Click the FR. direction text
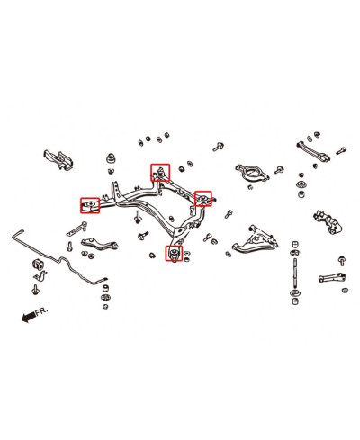pos(41,311)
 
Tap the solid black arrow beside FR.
pos(29,317)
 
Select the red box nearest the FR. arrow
pos(90,205)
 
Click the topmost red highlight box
pos(160,173)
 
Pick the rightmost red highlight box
pos(203,199)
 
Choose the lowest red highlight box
pos(174,253)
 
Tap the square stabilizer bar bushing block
pos(38,265)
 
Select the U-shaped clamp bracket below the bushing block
pos(40,276)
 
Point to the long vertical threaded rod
pos(295,273)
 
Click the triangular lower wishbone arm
pos(255,241)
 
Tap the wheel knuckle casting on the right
pos(328,222)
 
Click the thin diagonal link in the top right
pos(313,151)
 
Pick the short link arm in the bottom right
pos(333,278)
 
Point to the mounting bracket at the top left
pos(58,159)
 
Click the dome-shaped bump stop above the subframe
pos(112,158)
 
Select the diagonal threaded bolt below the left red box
pos(76,229)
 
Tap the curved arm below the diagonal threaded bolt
pos(99,243)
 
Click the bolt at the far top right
pos(341,150)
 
